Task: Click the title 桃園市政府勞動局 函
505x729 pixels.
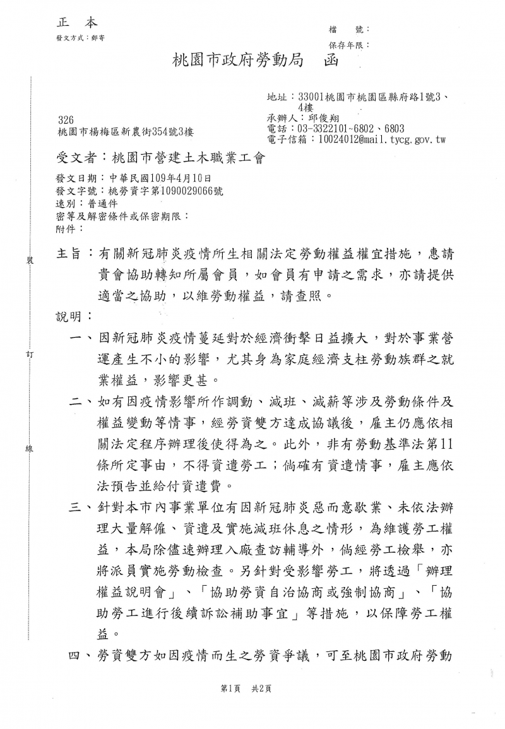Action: pyautogui.click(x=256, y=61)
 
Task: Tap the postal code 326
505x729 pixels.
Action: pyautogui.click(x=65, y=120)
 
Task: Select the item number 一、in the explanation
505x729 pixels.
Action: pyautogui.click(x=81, y=340)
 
